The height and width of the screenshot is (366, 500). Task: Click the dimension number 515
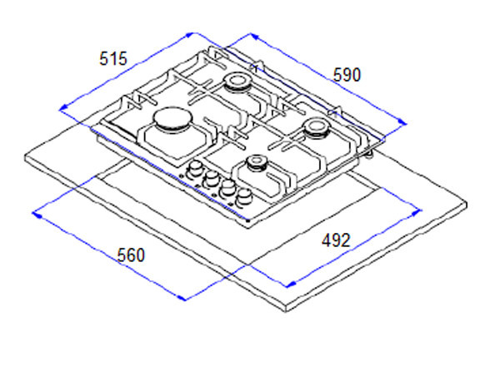tap(113, 58)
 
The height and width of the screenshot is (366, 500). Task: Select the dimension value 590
tap(347, 75)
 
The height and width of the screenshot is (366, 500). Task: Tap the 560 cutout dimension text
tap(131, 255)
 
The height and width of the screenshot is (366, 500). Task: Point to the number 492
tap(336, 240)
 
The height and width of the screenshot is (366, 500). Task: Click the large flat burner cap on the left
tap(172, 120)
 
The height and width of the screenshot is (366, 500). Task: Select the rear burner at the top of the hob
tap(237, 82)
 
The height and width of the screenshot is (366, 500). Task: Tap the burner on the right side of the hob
tap(315, 127)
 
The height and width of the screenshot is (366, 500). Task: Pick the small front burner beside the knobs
tap(257, 163)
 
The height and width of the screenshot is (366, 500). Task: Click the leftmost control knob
tap(195, 170)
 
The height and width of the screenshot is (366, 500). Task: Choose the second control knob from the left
tap(211, 179)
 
